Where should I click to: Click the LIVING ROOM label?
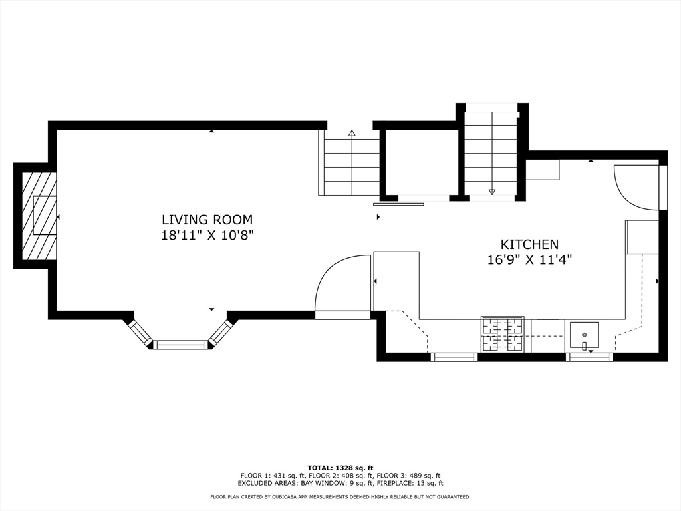pyautogui.click(x=207, y=219)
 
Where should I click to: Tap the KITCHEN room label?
pyautogui.click(x=529, y=244)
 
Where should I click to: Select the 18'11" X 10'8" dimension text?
pyautogui.click(x=207, y=236)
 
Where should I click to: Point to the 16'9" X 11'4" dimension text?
pyautogui.click(x=529, y=260)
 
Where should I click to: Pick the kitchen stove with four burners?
pyautogui.click(x=503, y=335)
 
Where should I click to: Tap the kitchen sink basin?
pyautogui.click(x=584, y=335)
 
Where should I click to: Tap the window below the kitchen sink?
pyautogui.click(x=589, y=357)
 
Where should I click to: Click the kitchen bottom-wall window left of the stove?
pyautogui.click(x=454, y=357)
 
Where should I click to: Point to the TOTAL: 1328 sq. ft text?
pyautogui.click(x=340, y=468)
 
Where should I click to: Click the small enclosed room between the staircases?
pyautogui.click(x=422, y=163)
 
